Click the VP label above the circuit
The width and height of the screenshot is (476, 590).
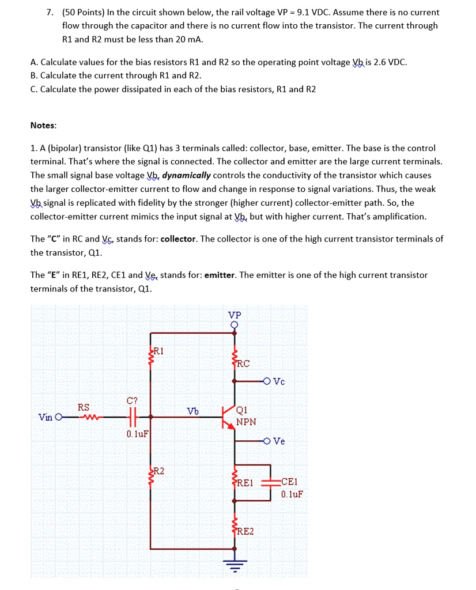point(235,315)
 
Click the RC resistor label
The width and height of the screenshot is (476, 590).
point(243,364)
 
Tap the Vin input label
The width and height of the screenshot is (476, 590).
point(46,417)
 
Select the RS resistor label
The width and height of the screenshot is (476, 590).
point(84,407)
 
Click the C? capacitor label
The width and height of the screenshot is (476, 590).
point(133,400)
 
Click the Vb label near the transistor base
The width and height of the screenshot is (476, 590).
point(192,410)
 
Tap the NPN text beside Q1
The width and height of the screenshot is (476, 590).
point(246,422)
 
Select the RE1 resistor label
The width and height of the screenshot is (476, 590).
point(245,483)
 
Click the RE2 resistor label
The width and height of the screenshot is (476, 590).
point(245,531)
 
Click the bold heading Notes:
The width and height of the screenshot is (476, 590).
point(43,125)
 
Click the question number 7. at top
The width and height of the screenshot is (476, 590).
point(50,12)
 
